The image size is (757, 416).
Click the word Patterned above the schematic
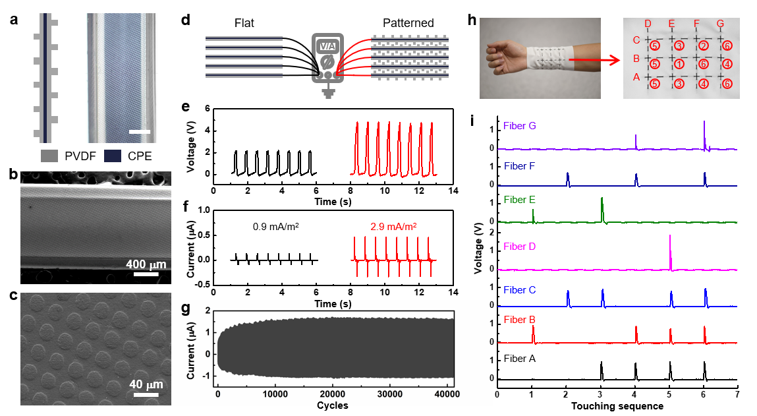pos(408,23)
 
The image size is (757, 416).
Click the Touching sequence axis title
pos(617,406)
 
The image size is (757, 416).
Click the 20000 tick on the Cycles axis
pos(336,394)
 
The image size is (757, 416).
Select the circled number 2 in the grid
pos(704,45)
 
